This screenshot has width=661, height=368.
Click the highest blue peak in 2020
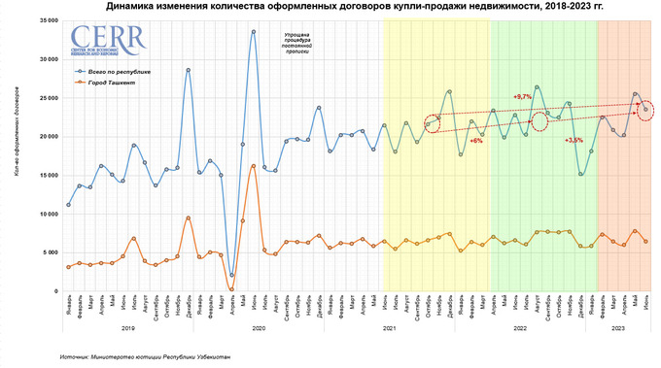[x=254, y=31]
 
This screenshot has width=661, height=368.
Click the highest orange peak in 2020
[x=254, y=165]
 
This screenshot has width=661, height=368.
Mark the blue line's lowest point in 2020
[x=231, y=276]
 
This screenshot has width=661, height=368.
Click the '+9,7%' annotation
[x=522, y=97]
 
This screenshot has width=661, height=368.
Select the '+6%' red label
[x=476, y=141]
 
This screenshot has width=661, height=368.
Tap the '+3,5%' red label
[x=574, y=141]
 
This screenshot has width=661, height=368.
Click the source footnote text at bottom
[x=146, y=356]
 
